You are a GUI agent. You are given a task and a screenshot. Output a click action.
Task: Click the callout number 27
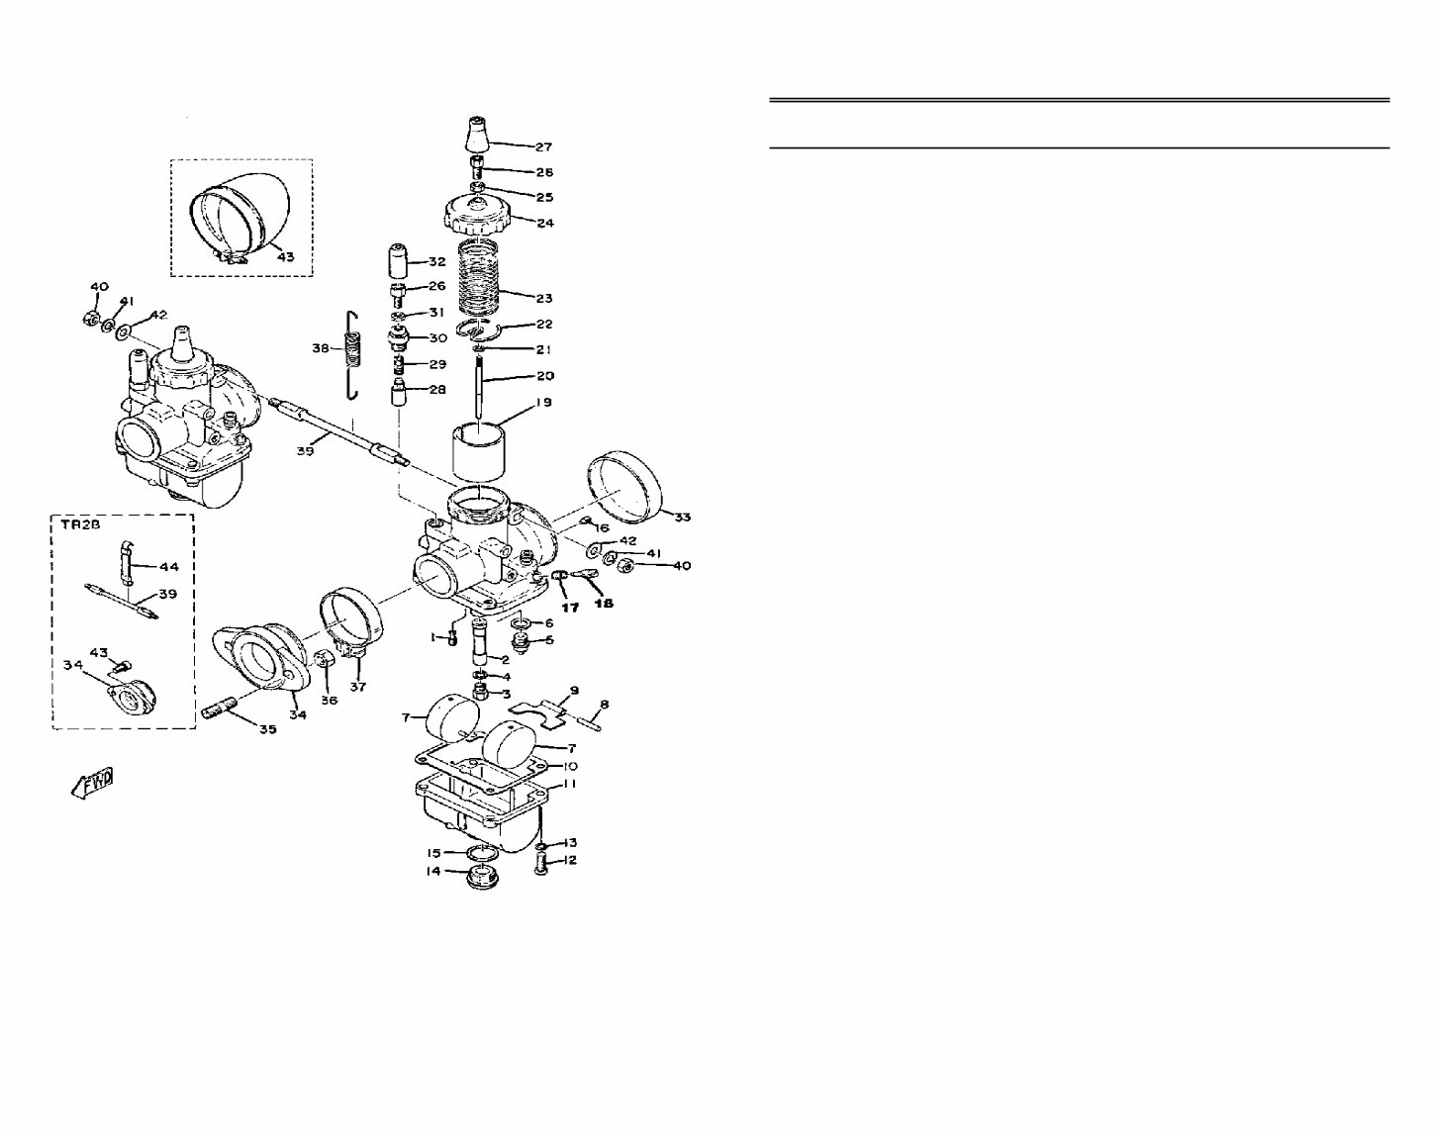pyautogui.click(x=543, y=147)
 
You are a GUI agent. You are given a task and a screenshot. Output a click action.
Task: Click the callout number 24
pyautogui.click(x=544, y=223)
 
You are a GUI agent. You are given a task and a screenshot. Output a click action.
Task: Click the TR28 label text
pyautogui.click(x=76, y=526)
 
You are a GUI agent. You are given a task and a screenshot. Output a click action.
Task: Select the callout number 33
pyautogui.click(x=682, y=517)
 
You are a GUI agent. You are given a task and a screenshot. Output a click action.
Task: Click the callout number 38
pyautogui.click(x=321, y=348)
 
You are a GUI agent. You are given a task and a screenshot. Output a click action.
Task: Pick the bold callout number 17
pyautogui.click(x=570, y=608)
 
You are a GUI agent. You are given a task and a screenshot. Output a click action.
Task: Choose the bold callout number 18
pyautogui.click(x=603, y=603)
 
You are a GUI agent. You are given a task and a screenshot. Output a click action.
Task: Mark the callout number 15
pyautogui.click(x=433, y=852)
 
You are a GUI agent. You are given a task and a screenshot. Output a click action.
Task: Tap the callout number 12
pyautogui.click(x=570, y=860)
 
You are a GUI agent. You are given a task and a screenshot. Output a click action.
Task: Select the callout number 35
pyautogui.click(x=267, y=729)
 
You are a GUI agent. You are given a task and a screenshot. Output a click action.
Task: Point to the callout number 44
pyautogui.click(x=169, y=567)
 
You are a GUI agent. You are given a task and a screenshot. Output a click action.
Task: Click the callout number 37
pyautogui.click(x=357, y=686)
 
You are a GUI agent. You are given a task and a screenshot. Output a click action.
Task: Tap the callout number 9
pyautogui.click(x=574, y=690)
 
